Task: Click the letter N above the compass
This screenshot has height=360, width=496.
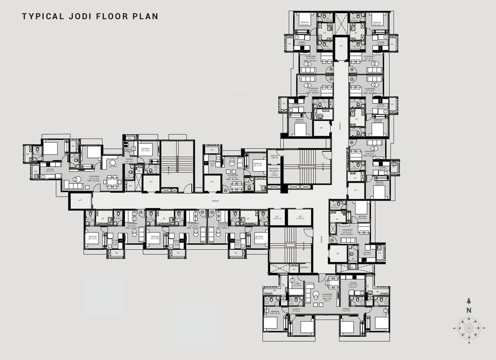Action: [x=468, y=310]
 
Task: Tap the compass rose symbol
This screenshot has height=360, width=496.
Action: [x=468, y=328]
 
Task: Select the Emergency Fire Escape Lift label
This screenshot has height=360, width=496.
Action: [x=274, y=173]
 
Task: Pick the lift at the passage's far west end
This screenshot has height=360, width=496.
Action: [x=80, y=201]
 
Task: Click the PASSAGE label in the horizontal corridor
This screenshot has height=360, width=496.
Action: [x=215, y=201]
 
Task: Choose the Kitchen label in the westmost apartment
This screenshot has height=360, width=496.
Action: [x=50, y=170]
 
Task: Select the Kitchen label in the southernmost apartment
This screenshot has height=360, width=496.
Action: [x=353, y=284]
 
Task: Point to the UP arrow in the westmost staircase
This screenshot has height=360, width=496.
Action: [x=168, y=173]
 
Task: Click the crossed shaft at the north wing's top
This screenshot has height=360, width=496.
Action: [x=341, y=19]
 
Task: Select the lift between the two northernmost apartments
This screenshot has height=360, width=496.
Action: [x=341, y=45]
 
